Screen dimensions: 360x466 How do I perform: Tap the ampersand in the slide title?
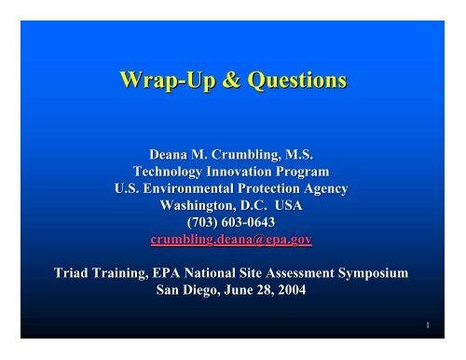tap(215, 83)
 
